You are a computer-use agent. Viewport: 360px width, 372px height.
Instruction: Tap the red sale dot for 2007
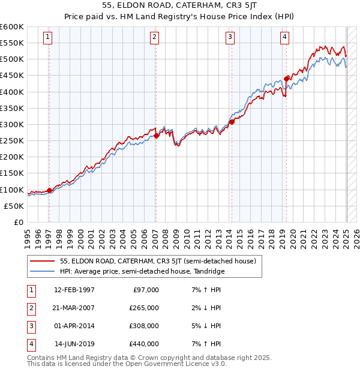click(156, 136)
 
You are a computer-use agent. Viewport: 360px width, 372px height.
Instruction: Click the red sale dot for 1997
click(49, 190)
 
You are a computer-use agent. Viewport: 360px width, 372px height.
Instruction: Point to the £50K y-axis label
click(14, 206)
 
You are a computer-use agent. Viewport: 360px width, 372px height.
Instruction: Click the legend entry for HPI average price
click(141, 271)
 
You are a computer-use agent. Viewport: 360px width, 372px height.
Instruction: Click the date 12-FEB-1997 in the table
click(74, 290)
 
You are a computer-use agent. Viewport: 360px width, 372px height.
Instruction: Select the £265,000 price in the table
click(145, 308)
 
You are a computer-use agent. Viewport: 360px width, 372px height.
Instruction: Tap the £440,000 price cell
click(145, 344)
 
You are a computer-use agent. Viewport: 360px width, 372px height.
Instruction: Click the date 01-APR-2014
click(74, 326)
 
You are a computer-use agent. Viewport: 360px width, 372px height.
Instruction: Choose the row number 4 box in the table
click(31, 344)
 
